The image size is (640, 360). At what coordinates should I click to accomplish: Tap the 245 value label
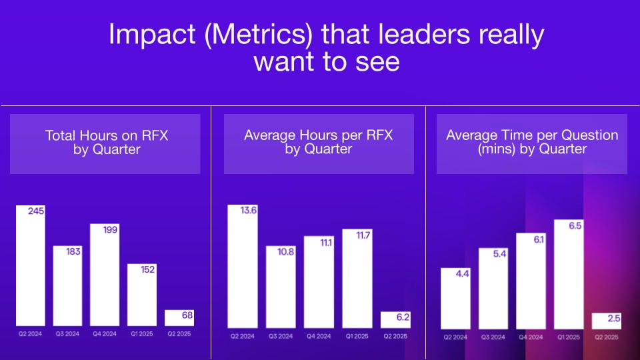(x=35, y=211)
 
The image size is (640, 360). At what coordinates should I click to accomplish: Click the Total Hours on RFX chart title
(x=106, y=142)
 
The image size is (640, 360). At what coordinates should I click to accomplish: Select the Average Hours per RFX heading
(x=318, y=142)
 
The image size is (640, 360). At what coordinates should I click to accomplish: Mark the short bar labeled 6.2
(x=395, y=320)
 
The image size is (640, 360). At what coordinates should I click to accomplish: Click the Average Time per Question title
(x=532, y=142)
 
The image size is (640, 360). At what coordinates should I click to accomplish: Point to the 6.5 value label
(x=574, y=225)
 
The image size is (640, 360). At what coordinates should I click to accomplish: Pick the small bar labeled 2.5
(x=607, y=321)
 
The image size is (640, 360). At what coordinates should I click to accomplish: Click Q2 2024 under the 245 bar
(x=30, y=333)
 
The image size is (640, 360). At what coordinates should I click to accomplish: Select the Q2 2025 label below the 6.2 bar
(x=395, y=336)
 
